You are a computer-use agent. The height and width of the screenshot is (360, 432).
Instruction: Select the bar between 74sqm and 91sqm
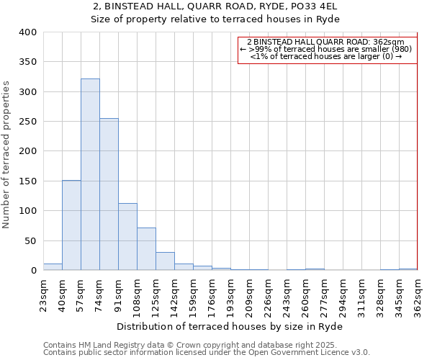pyautogui.click(x=109, y=194)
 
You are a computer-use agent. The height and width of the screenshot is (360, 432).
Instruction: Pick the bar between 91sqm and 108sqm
pyautogui.click(x=127, y=237)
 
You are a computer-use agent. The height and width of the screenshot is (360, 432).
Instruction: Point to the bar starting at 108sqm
pyautogui.click(x=146, y=249)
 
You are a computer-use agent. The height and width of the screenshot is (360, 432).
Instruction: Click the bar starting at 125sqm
pyautogui.click(x=165, y=261)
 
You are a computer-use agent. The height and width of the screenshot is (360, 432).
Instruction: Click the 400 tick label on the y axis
pyautogui.click(x=27, y=32)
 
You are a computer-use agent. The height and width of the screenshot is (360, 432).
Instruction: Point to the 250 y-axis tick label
pyautogui.click(x=27, y=122)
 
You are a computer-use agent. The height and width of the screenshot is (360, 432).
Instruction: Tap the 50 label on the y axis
pyautogui.click(x=30, y=240)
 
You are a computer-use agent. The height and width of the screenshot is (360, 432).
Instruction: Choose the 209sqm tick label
pyautogui.click(x=249, y=296)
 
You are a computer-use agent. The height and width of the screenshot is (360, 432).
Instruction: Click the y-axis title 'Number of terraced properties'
pyautogui.click(x=6, y=154)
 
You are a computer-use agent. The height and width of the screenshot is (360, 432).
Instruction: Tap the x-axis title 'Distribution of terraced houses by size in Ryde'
pyautogui.click(x=230, y=326)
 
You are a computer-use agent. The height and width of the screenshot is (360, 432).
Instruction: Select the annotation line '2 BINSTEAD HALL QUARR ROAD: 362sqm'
pyautogui.click(x=325, y=42)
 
